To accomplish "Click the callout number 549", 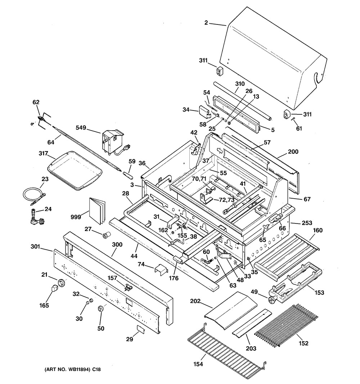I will [82, 127].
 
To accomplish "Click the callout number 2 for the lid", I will [206, 23].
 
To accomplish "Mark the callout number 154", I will [198, 364].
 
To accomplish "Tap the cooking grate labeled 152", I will [286, 326].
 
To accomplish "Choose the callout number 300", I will [117, 244].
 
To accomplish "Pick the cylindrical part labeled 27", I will [107, 236].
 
